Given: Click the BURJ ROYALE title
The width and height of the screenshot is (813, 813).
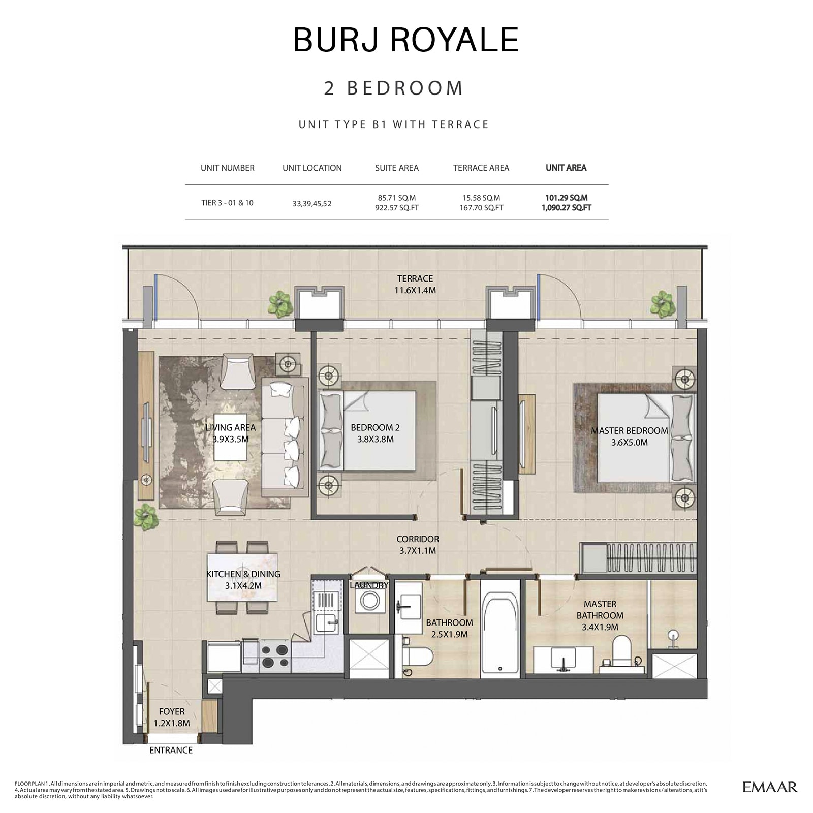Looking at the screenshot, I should click(406, 40).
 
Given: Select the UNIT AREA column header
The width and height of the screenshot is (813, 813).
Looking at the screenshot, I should click(566, 168).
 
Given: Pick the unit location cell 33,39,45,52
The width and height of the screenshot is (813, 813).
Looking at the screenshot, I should click(311, 203).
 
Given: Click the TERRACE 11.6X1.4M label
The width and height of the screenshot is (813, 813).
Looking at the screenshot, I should click(415, 285).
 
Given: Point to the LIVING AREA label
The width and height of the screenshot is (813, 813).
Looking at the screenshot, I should click(231, 433).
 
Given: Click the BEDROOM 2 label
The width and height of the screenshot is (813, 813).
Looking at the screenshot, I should click(375, 433).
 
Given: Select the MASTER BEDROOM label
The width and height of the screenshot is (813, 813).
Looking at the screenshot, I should click(629, 436).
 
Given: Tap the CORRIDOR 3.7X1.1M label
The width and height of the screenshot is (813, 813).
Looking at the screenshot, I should click(418, 544).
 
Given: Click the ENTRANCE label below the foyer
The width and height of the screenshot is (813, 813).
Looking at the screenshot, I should click(171, 750).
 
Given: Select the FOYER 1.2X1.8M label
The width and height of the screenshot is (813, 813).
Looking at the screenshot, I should click(172, 717).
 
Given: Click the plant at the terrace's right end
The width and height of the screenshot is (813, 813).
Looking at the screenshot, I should click(663, 303).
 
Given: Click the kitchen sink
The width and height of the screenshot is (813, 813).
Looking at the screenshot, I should click(326, 622).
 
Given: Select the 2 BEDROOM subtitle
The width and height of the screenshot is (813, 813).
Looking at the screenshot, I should click(394, 88).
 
